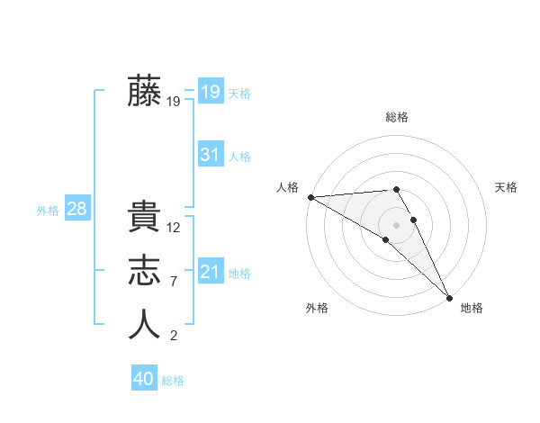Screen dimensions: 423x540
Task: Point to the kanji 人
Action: point(144,324)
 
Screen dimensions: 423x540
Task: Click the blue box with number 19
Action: point(210,91)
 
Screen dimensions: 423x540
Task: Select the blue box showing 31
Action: point(210,155)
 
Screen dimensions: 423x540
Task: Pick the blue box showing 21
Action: point(210,271)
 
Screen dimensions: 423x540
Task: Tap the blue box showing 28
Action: point(76,209)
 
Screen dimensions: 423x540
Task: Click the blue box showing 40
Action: point(144,379)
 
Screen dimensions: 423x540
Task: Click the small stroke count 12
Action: point(174,229)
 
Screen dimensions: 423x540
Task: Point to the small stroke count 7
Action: point(174,282)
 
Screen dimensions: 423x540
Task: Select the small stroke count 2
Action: point(174,337)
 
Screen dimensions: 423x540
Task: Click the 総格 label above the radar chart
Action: point(397,117)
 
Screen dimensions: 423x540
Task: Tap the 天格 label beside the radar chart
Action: point(506,187)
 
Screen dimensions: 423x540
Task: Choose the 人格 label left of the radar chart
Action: point(287,187)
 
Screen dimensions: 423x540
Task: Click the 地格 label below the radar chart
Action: point(472,309)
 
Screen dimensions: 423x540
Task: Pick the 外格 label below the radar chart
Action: point(317,309)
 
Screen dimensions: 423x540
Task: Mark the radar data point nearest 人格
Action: point(310,197)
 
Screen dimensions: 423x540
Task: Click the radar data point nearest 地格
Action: point(448,296)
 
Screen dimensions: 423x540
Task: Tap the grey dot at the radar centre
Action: point(396,224)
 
